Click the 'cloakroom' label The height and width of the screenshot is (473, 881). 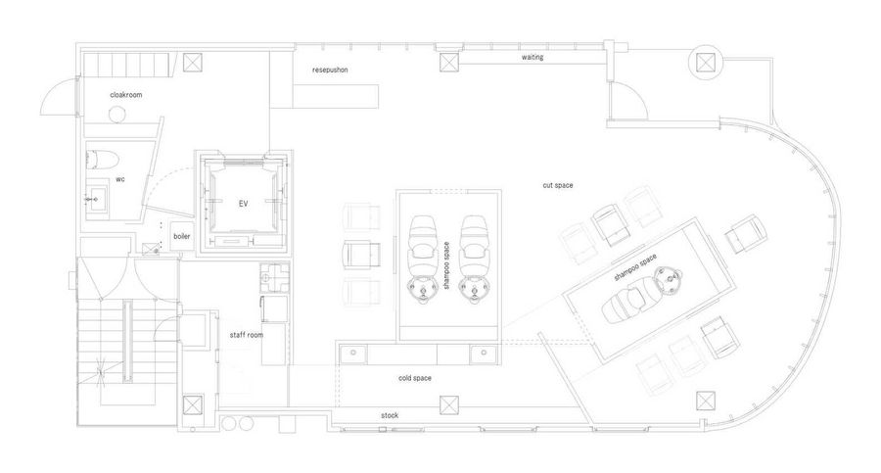126,95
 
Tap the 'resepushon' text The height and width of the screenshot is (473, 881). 330,70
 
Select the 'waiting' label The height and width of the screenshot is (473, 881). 533,58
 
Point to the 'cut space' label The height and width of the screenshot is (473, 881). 557,185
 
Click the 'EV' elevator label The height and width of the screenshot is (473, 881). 243,204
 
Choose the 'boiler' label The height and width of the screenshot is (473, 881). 181,236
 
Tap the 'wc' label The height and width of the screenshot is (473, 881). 120,179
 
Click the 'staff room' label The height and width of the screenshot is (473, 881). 246,335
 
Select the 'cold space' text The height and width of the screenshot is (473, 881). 415,378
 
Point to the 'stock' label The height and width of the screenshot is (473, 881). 390,415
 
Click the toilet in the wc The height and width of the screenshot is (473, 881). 101,160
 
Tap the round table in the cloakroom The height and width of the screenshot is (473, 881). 116,115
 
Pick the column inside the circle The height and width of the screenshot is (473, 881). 705,63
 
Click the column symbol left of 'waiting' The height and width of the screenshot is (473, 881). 449,62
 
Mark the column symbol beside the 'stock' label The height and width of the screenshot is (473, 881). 449,405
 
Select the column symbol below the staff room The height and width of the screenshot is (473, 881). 193,405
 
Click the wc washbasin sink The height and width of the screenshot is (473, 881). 97,199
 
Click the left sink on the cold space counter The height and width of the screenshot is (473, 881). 353,354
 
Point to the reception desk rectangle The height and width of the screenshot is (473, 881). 336,96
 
